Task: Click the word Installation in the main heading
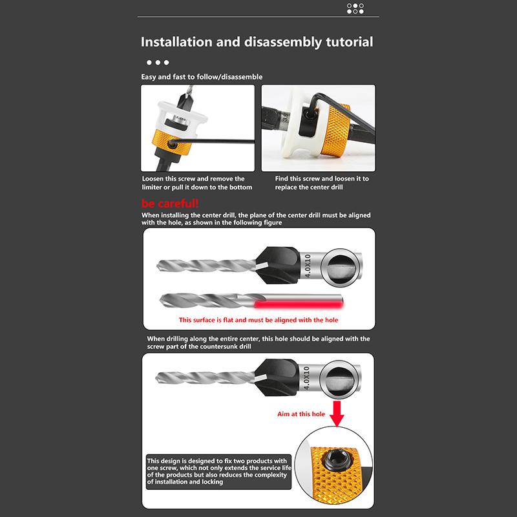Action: [x=176, y=42]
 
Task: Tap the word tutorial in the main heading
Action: [x=350, y=42]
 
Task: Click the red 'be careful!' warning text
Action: [x=170, y=203]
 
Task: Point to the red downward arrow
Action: [x=337, y=414]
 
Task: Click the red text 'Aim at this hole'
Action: [x=301, y=414]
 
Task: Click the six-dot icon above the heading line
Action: [x=355, y=8]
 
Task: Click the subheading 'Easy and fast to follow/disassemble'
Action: [x=202, y=77]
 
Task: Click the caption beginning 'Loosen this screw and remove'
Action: [x=197, y=183]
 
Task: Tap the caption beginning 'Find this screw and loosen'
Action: [x=322, y=183]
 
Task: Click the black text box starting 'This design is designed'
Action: [x=218, y=472]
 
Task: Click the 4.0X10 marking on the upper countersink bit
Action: [x=308, y=266]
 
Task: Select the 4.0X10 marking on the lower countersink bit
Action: [x=306, y=378]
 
